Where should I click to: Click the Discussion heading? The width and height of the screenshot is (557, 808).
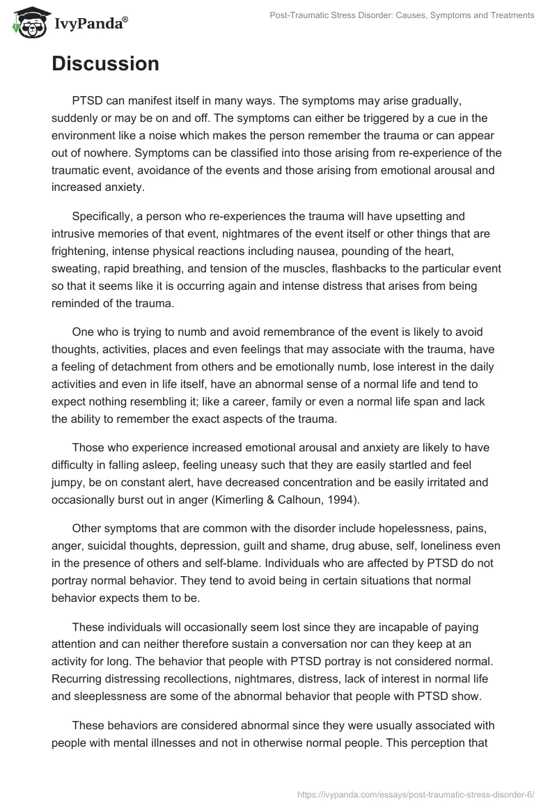click(105, 63)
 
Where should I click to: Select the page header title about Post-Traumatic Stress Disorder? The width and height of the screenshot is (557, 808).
click(402, 15)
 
